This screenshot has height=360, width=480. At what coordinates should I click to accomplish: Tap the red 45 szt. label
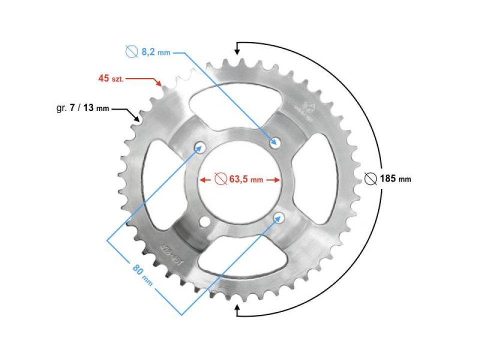[110, 78]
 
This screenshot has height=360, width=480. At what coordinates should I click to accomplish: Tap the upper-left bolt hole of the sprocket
[200, 146]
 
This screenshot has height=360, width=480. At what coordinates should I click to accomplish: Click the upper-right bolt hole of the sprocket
[274, 142]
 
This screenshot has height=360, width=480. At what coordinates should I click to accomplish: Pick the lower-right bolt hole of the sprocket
[278, 217]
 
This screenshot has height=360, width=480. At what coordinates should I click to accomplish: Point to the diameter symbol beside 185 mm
[370, 178]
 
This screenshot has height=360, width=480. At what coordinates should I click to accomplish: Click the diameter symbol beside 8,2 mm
[131, 51]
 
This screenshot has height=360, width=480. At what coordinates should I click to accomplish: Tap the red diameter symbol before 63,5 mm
[220, 179]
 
